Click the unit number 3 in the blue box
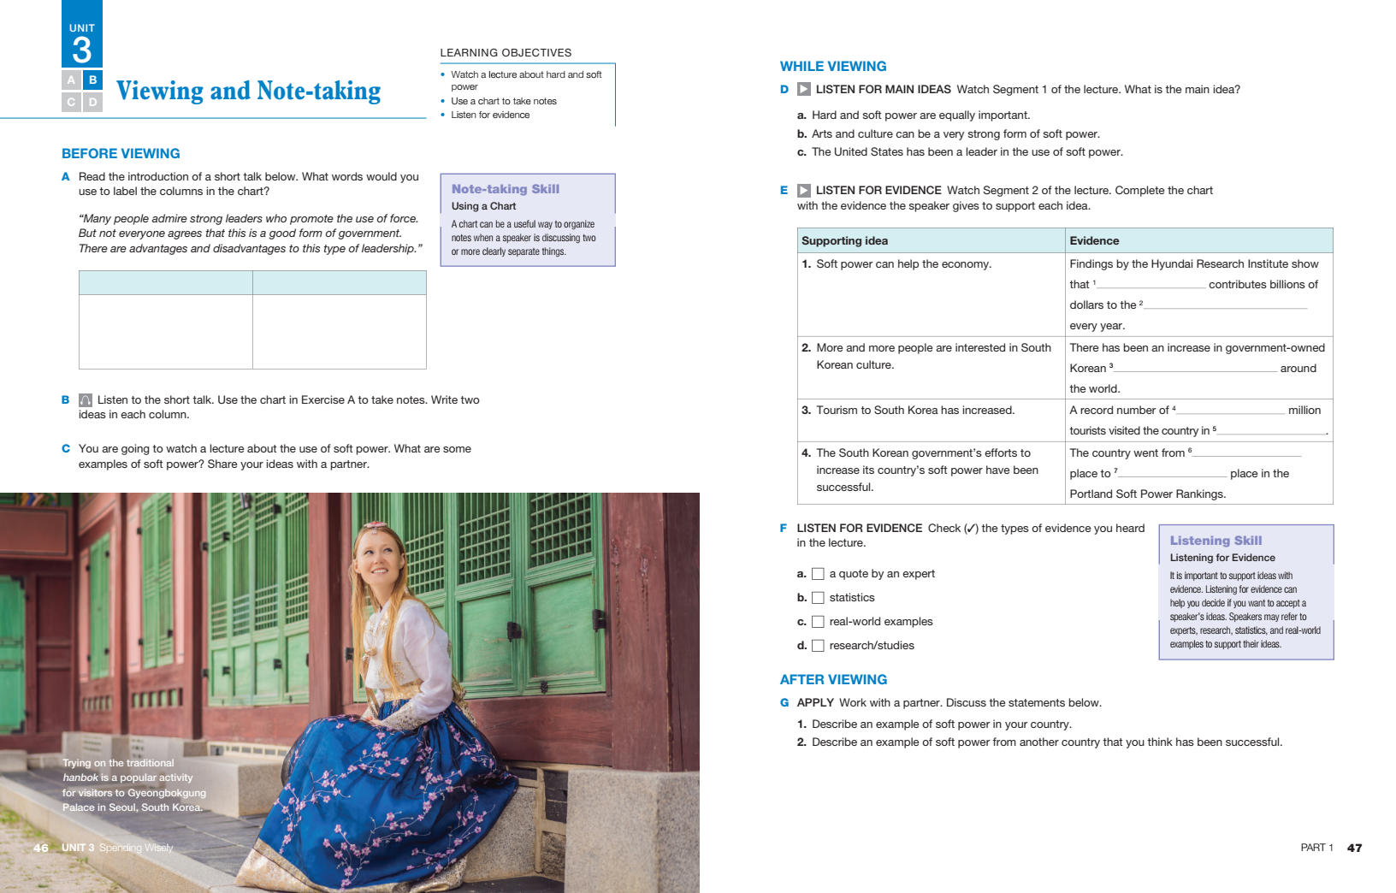point(81,50)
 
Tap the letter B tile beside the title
point(92,80)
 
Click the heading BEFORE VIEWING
point(121,154)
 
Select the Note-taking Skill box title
point(505,189)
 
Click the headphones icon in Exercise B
point(86,400)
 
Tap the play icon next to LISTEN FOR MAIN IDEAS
point(804,89)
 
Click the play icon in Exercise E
point(804,191)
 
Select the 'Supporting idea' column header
point(844,241)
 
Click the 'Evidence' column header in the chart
point(1094,241)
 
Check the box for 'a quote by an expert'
point(818,574)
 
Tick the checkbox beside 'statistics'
point(818,598)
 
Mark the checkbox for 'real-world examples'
point(818,622)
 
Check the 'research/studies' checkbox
point(818,646)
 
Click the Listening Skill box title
point(1216,541)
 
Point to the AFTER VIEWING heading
point(833,680)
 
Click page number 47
point(1354,848)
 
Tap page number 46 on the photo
point(41,848)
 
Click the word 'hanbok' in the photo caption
point(80,778)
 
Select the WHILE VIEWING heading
point(832,67)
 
